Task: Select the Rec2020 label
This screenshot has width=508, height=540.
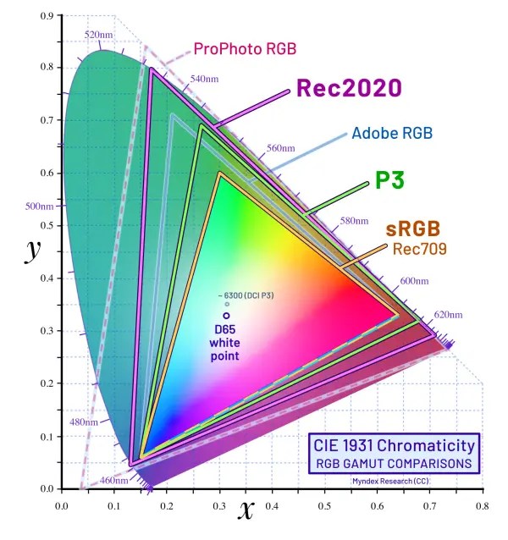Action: coord(348,89)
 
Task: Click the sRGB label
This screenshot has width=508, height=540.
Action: coord(413,229)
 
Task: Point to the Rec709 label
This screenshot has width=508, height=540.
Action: coord(419,249)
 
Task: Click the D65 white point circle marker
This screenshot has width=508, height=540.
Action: coord(226,316)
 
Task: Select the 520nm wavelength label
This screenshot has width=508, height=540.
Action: coord(98,34)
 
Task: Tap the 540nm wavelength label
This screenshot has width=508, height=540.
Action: coord(205,78)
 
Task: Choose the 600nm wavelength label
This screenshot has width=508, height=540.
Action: coord(414,281)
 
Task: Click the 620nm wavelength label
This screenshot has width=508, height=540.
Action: coord(449,315)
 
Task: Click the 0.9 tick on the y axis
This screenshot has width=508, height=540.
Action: coord(47,16)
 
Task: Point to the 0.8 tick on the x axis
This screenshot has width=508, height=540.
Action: coord(481,507)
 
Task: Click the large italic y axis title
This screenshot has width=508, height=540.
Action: coord(33,251)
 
